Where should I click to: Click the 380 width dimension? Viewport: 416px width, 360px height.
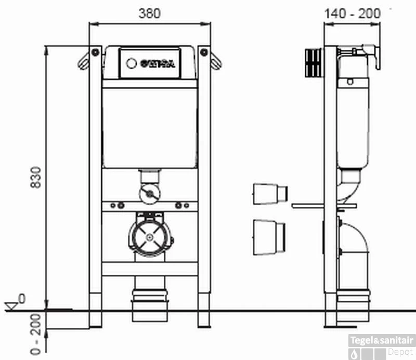(149, 13)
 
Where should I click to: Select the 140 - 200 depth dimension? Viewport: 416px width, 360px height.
(352, 13)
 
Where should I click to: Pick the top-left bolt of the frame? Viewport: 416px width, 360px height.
(95, 52)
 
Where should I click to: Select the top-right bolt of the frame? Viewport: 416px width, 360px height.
(204, 52)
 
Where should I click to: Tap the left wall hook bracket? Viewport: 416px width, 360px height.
(83, 61)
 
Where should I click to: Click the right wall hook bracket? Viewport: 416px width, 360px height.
(216, 61)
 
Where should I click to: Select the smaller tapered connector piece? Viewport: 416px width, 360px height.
(269, 194)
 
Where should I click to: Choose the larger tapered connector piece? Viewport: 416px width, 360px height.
(268, 237)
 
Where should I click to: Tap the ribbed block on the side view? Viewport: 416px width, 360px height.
(313, 61)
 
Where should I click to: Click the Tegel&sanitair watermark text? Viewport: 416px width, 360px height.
(382, 341)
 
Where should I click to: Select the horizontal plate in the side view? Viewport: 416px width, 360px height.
(324, 206)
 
